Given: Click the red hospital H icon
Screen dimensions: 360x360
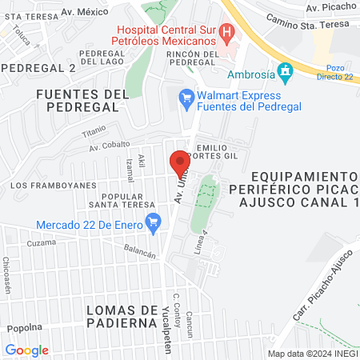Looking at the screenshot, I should [x=226, y=34].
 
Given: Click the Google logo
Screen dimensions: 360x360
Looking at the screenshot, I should [x=26, y=350].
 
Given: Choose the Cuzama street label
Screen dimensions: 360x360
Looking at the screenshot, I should [x=41, y=242].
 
